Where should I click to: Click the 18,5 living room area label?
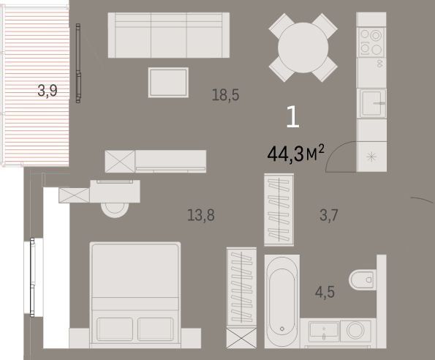click(225, 95)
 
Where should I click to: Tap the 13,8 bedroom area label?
click(201, 215)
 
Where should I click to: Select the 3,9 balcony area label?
click(48, 91)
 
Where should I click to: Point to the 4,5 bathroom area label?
click(325, 292)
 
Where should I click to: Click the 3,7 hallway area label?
click(329, 215)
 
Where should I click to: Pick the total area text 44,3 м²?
click(296, 154)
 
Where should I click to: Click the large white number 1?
click(293, 117)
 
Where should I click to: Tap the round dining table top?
click(303, 48)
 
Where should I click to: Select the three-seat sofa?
click(169, 35)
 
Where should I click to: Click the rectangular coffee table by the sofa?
click(168, 83)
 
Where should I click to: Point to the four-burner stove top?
click(371, 42)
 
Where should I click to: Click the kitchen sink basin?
click(372, 103)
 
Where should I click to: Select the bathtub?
click(282, 301)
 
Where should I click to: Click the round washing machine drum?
click(355, 330)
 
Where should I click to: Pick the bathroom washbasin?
click(324, 331)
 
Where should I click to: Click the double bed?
click(135, 295)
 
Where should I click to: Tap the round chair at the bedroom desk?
click(115, 210)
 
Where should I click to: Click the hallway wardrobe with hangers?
click(279, 210)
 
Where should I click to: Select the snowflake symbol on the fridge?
click(371, 157)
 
